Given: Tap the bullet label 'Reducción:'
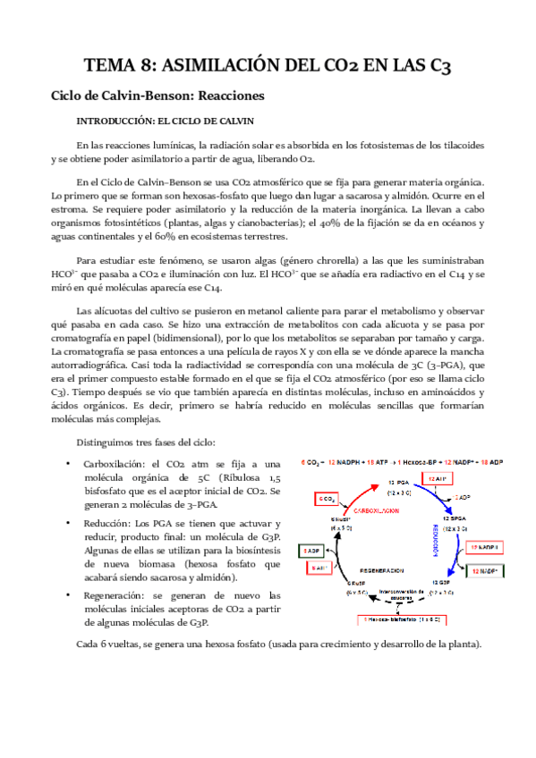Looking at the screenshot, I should coord(111,523).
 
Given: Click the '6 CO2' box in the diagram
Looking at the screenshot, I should coord(328,497).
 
